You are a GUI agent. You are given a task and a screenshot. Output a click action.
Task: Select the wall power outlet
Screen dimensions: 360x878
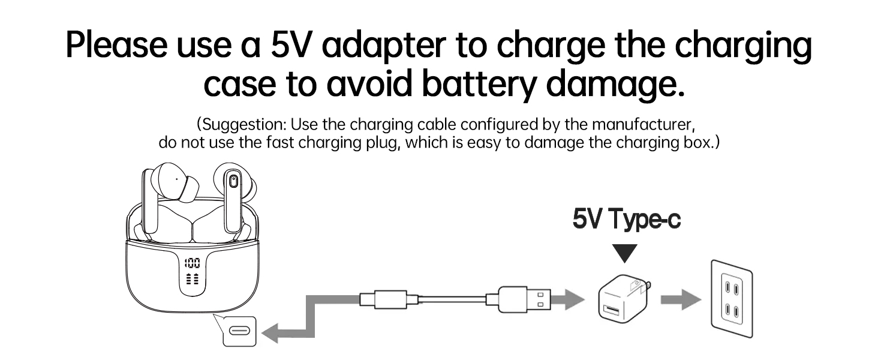pos(731,299)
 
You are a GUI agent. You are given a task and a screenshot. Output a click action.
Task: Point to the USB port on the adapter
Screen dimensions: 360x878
pos(612,308)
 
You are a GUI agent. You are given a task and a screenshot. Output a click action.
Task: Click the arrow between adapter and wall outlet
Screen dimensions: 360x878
pos(680,301)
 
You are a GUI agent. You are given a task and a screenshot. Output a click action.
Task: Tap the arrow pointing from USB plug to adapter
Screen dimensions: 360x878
pos(567,298)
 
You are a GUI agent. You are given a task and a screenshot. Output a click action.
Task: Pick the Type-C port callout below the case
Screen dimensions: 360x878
pos(239,331)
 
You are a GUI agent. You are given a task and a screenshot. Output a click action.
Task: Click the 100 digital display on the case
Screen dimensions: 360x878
pos(193,263)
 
